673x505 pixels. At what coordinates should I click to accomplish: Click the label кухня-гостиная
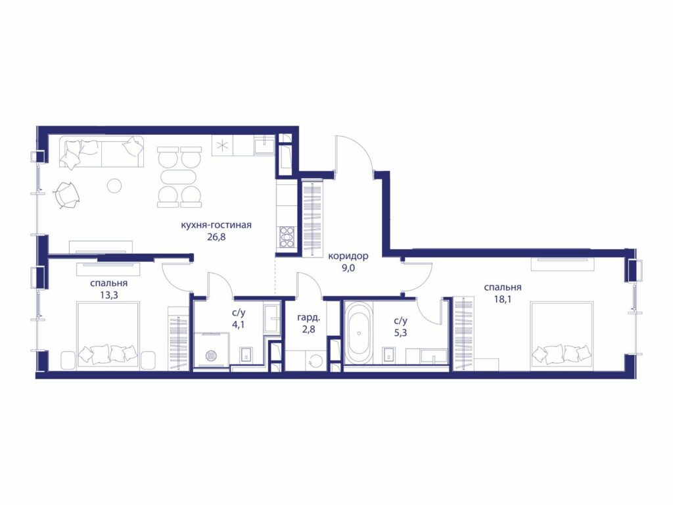[216, 225]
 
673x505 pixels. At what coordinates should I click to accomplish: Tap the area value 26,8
[216, 237]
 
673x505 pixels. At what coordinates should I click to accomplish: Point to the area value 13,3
[108, 295]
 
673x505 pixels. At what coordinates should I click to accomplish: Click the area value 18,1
[503, 299]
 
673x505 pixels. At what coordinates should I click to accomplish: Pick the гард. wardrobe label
[309, 319]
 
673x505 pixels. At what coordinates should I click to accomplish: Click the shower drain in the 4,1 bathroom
[211, 355]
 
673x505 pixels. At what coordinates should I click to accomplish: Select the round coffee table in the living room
[114, 185]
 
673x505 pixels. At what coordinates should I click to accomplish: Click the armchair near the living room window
[66, 194]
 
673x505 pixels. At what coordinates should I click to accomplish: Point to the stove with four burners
[287, 237]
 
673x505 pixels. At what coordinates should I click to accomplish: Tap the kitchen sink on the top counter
[264, 145]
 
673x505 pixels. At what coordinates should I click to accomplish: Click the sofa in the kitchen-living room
[103, 152]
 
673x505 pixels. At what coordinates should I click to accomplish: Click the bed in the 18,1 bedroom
[562, 335]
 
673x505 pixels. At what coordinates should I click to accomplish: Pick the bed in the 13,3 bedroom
[108, 335]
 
